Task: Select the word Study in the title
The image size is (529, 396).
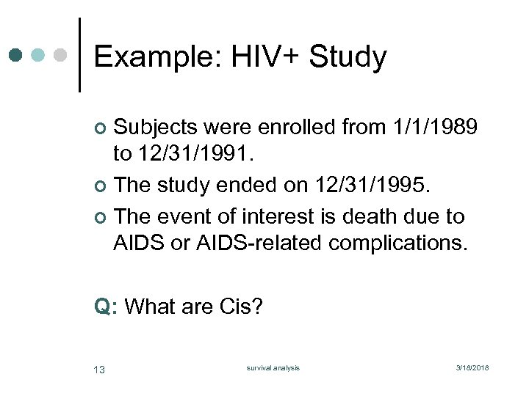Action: point(348,57)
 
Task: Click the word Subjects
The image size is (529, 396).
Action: point(156,128)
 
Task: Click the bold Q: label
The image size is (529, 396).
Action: point(106,306)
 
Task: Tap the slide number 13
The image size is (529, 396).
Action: point(99,369)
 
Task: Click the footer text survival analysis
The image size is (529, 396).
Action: point(273,368)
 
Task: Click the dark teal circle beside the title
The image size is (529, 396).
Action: point(16,55)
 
